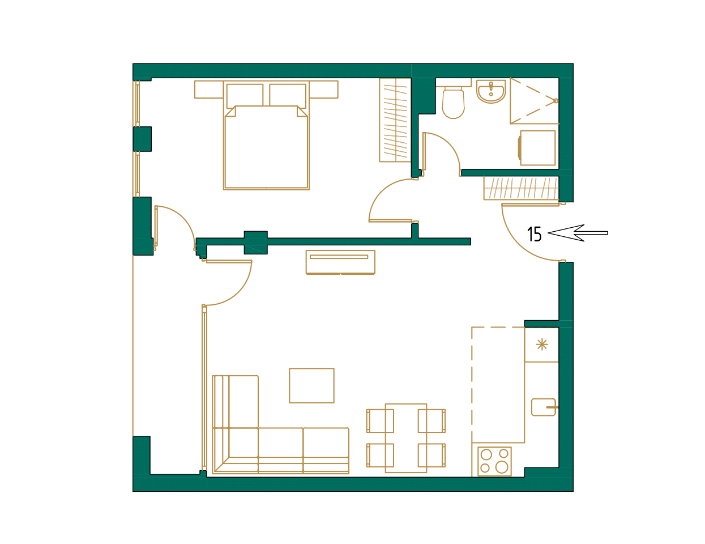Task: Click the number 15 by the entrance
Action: [x=534, y=234]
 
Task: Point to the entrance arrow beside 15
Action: [x=578, y=233]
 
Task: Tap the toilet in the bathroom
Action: [x=453, y=103]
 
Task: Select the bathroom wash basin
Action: [x=490, y=92]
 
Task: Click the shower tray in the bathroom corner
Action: [x=534, y=101]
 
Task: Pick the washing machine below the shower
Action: [x=537, y=148]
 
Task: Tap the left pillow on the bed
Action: [x=245, y=95]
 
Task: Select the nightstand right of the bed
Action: [x=323, y=90]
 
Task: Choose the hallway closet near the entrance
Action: [x=520, y=188]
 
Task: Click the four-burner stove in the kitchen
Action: [x=494, y=461]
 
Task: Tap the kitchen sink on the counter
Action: [x=543, y=407]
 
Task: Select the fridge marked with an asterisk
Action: [x=541, y=345]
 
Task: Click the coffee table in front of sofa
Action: [x=311, y=385]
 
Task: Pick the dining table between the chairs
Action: [x=405, y=437]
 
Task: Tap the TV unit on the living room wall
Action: [x=340, y=262]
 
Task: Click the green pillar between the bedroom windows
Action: [x=142, y=139]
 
